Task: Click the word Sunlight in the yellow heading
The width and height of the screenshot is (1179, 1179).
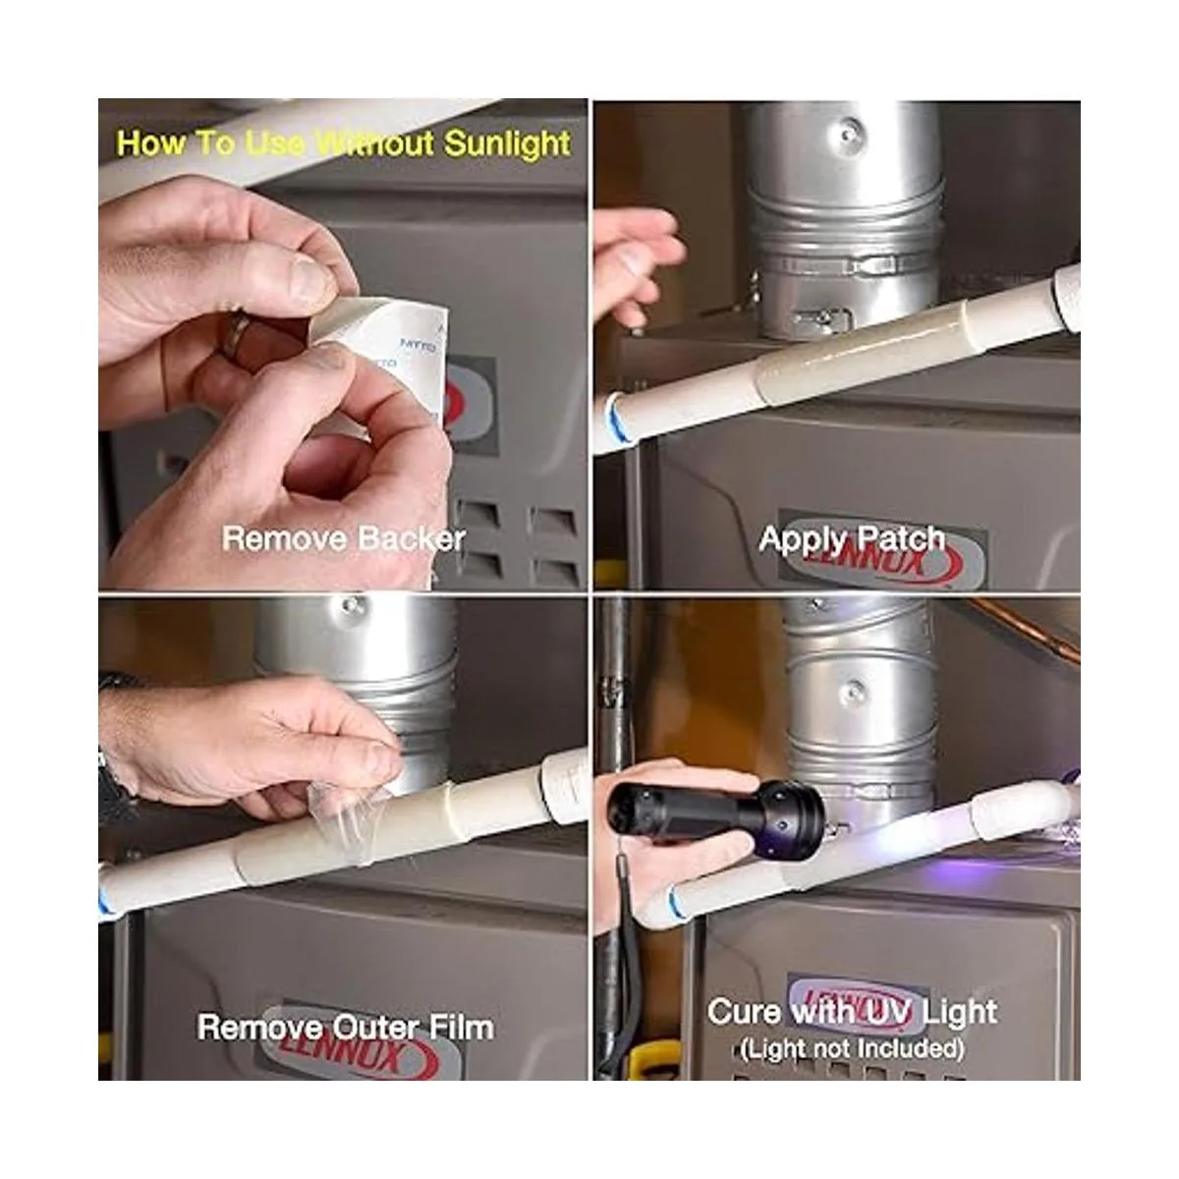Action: click(x=507, y=143)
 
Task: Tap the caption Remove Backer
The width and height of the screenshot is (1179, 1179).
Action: click(x=344, y=539)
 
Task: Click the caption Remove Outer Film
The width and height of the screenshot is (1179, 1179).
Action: click(x=346, y=1027)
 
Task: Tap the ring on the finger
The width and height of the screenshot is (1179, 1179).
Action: click(x=235, y=335)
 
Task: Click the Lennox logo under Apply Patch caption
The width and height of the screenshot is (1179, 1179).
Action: click(x=881, y=557)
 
